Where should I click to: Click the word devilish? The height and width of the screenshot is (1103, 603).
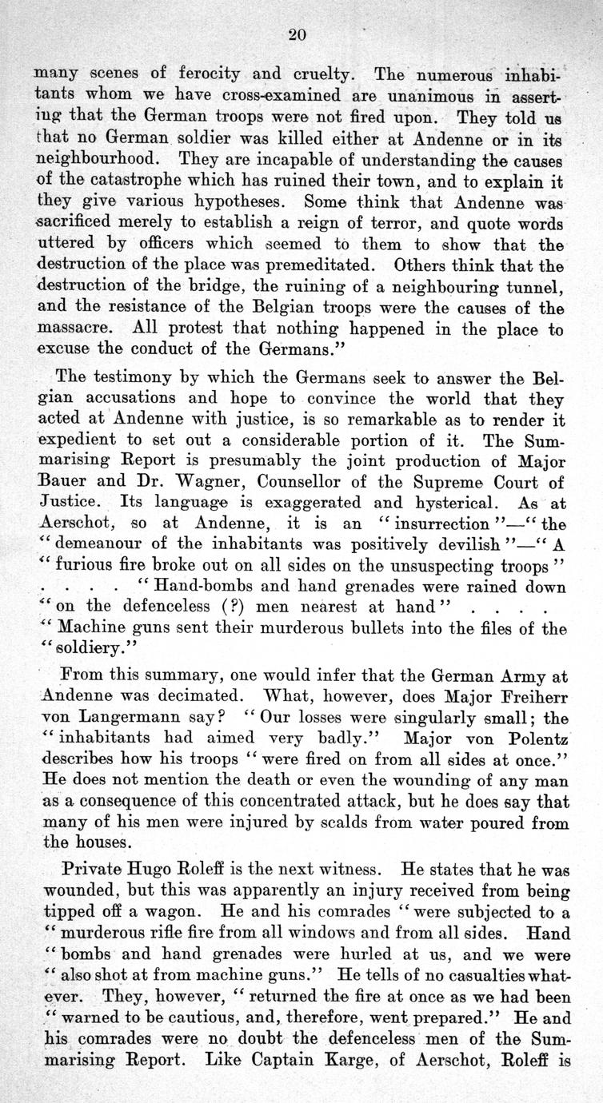(x=427, y=545)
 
